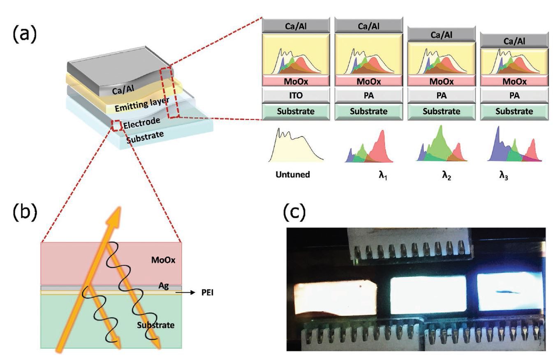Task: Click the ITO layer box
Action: point(296,96)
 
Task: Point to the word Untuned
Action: point(292,175)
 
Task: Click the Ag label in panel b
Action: point(164,286)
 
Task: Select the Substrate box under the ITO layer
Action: point(296,111)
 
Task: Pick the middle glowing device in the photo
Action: point(428,294)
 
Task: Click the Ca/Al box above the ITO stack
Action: point(296,26)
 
